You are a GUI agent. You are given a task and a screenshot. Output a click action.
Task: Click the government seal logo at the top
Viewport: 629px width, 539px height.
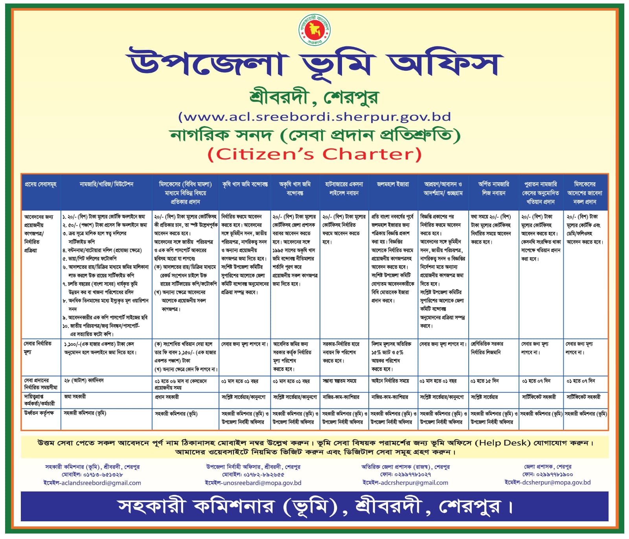(x=314, y=29)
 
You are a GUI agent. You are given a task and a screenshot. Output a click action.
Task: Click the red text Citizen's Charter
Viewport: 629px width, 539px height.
(x=314, y=154)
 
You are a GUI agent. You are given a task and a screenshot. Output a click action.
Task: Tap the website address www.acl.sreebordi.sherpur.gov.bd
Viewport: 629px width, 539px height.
(x=314, y=117)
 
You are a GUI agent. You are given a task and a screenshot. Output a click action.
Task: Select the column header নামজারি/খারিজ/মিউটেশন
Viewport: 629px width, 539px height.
(x=107, y=184)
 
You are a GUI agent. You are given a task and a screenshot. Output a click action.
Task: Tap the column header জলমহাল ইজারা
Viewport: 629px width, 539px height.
(x=393, y=184)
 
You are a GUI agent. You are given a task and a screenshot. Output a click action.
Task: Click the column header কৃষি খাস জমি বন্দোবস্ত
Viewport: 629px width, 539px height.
(x=245, y=184)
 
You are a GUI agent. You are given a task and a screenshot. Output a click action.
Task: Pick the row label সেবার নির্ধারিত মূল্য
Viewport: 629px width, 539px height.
(x=38, y=348)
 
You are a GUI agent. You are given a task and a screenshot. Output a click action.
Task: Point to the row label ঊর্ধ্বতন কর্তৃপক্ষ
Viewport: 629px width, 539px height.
(x=39, y=413)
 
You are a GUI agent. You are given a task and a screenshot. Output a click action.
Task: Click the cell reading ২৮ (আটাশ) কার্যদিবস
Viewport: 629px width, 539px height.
(x=84, y=381)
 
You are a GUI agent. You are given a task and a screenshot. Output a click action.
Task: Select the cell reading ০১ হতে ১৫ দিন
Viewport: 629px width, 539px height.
(x=485, y=381)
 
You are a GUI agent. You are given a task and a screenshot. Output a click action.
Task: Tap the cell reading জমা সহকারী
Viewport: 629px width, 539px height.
(x=75, y=397)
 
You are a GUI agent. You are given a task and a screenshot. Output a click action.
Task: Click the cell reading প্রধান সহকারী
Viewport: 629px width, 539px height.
(x=167, y=397)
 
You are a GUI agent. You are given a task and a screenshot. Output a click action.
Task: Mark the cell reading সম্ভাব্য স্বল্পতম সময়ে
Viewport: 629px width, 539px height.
(x=339, y=381)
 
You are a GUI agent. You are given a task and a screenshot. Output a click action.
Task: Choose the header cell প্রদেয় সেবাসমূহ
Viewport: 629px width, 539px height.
(x=40, y=184)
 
